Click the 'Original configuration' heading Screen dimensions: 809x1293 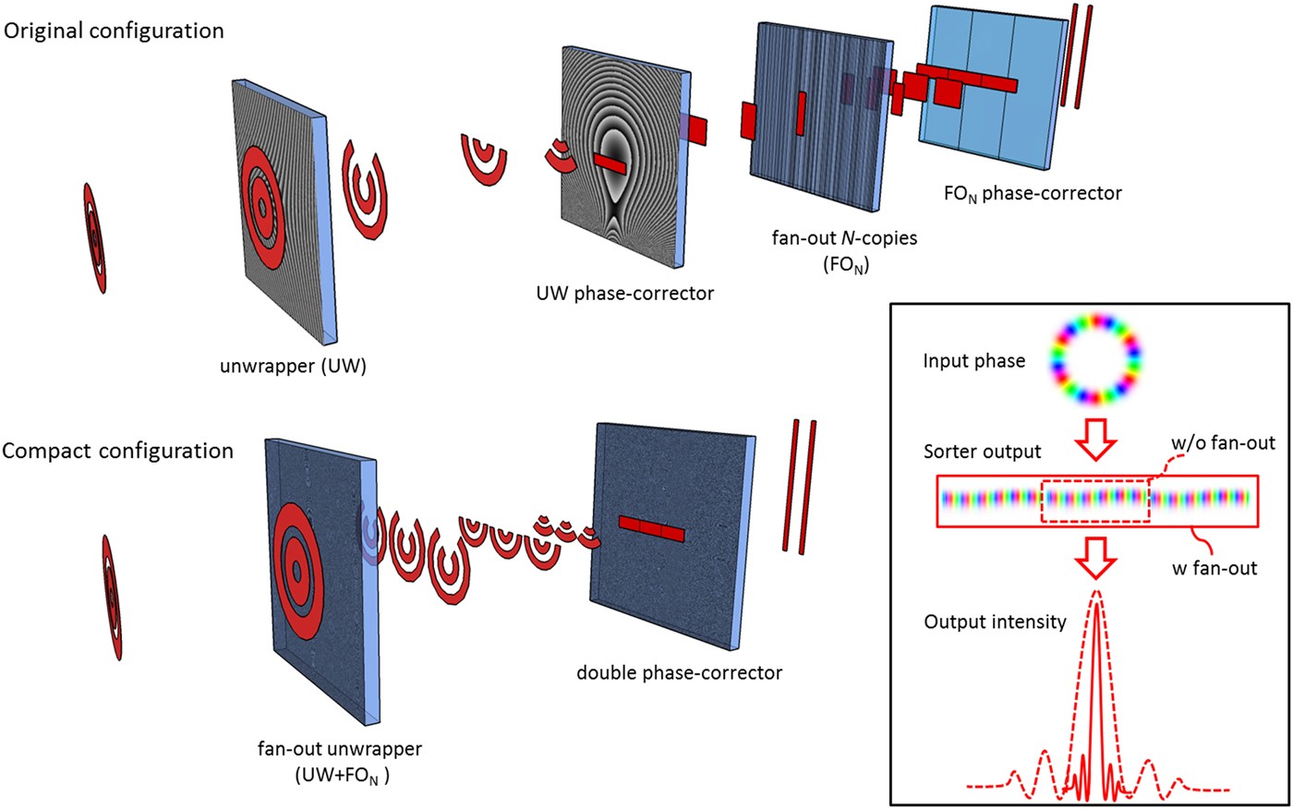tap(114, 30)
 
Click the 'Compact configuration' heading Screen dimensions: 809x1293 tap(117, 451)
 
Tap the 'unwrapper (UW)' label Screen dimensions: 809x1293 tap(293, 366)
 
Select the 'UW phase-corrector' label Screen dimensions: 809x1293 tap(625, 294)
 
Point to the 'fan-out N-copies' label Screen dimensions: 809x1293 tap(844, 237)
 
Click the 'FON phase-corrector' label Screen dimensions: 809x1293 tap(1033, 194)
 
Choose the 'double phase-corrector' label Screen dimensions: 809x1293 tap(679, 672)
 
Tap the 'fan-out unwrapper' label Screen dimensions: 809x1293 tap(339, 748)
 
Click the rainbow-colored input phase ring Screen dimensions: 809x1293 tap(1097, 358)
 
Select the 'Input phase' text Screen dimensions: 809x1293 tap(973, 361)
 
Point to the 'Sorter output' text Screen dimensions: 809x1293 tap(982, 452)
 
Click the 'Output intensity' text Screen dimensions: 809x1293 tap(995, 622)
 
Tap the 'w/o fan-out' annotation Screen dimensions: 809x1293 tap(1223, 442)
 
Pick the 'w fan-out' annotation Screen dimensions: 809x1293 tap(1214, 568)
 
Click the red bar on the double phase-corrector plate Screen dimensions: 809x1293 tap(651, 529)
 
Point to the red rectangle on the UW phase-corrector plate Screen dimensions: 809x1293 tap(610, 163)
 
